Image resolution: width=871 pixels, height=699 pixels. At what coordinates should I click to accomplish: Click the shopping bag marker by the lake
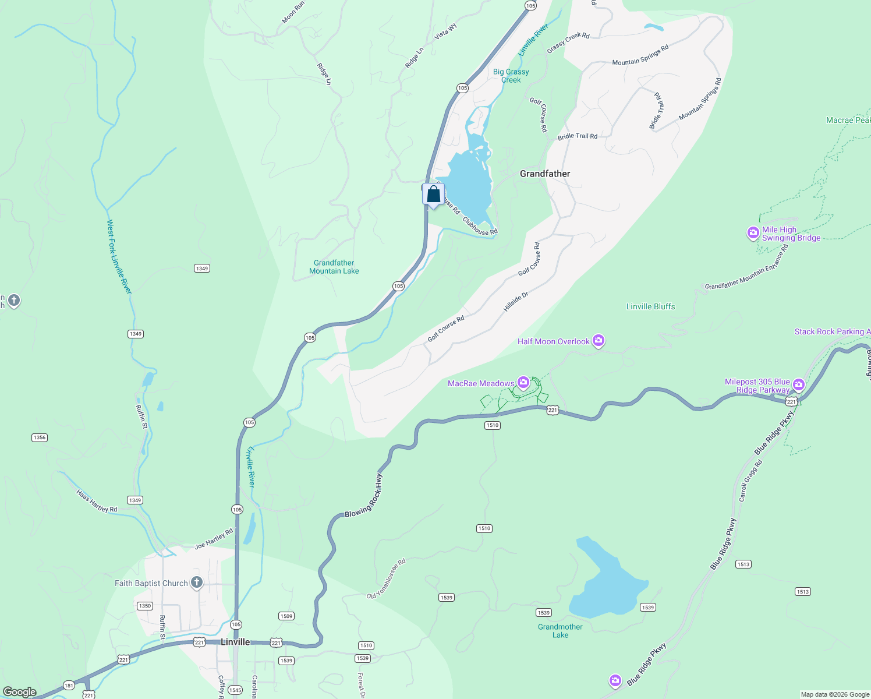433,195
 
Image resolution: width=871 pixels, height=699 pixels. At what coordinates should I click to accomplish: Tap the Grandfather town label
545,174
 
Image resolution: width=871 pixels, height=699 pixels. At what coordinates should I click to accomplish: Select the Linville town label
235,642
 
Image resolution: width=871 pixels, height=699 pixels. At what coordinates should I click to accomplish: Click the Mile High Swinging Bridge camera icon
753,234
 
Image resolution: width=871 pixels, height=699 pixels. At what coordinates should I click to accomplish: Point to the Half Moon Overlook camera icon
599,341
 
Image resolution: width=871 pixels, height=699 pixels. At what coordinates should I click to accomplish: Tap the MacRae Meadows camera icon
523,383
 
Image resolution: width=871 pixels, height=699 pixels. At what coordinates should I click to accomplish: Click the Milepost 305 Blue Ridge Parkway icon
798,384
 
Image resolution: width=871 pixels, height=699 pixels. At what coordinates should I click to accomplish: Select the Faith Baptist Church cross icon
197,582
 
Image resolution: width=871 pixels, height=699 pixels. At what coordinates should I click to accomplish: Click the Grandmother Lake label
560,631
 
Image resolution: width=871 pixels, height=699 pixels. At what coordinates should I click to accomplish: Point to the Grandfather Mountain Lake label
334,267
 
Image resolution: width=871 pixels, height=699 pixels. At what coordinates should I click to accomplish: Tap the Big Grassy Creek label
511,76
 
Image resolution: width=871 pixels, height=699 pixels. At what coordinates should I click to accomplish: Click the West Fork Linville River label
119,256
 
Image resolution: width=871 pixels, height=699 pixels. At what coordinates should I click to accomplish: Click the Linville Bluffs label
651,306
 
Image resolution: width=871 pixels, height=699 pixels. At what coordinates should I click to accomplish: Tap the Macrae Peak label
848,121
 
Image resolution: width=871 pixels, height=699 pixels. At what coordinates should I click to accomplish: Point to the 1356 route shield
40,437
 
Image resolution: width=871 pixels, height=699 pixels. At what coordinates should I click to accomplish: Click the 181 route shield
69,686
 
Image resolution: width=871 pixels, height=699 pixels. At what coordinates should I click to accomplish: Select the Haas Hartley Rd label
97,501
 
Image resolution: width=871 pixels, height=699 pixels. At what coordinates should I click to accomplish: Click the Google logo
20,692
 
